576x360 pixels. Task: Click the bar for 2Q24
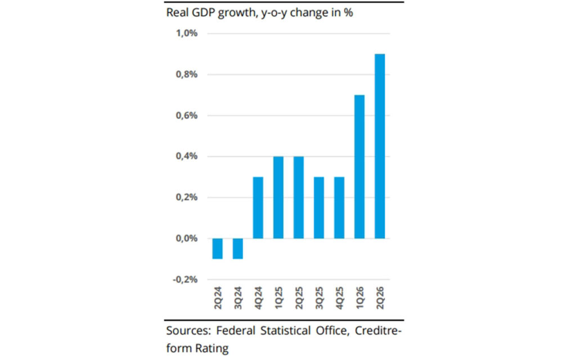218,249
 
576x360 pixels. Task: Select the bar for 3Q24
238,249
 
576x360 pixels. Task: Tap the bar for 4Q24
258,208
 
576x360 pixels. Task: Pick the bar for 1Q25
278,197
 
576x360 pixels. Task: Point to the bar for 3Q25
319,208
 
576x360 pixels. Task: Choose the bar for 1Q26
359,166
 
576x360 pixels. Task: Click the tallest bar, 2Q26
380,146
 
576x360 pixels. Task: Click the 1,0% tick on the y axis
187,33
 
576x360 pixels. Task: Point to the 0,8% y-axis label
187,75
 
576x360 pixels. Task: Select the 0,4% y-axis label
187,156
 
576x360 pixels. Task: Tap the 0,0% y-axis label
187,238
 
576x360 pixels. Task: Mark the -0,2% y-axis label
185,280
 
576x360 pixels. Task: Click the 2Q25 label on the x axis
299,298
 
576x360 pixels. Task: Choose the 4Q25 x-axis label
339,298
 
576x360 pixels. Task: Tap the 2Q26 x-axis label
380,298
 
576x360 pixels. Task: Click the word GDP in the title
204,12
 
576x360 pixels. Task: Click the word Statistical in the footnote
285,331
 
